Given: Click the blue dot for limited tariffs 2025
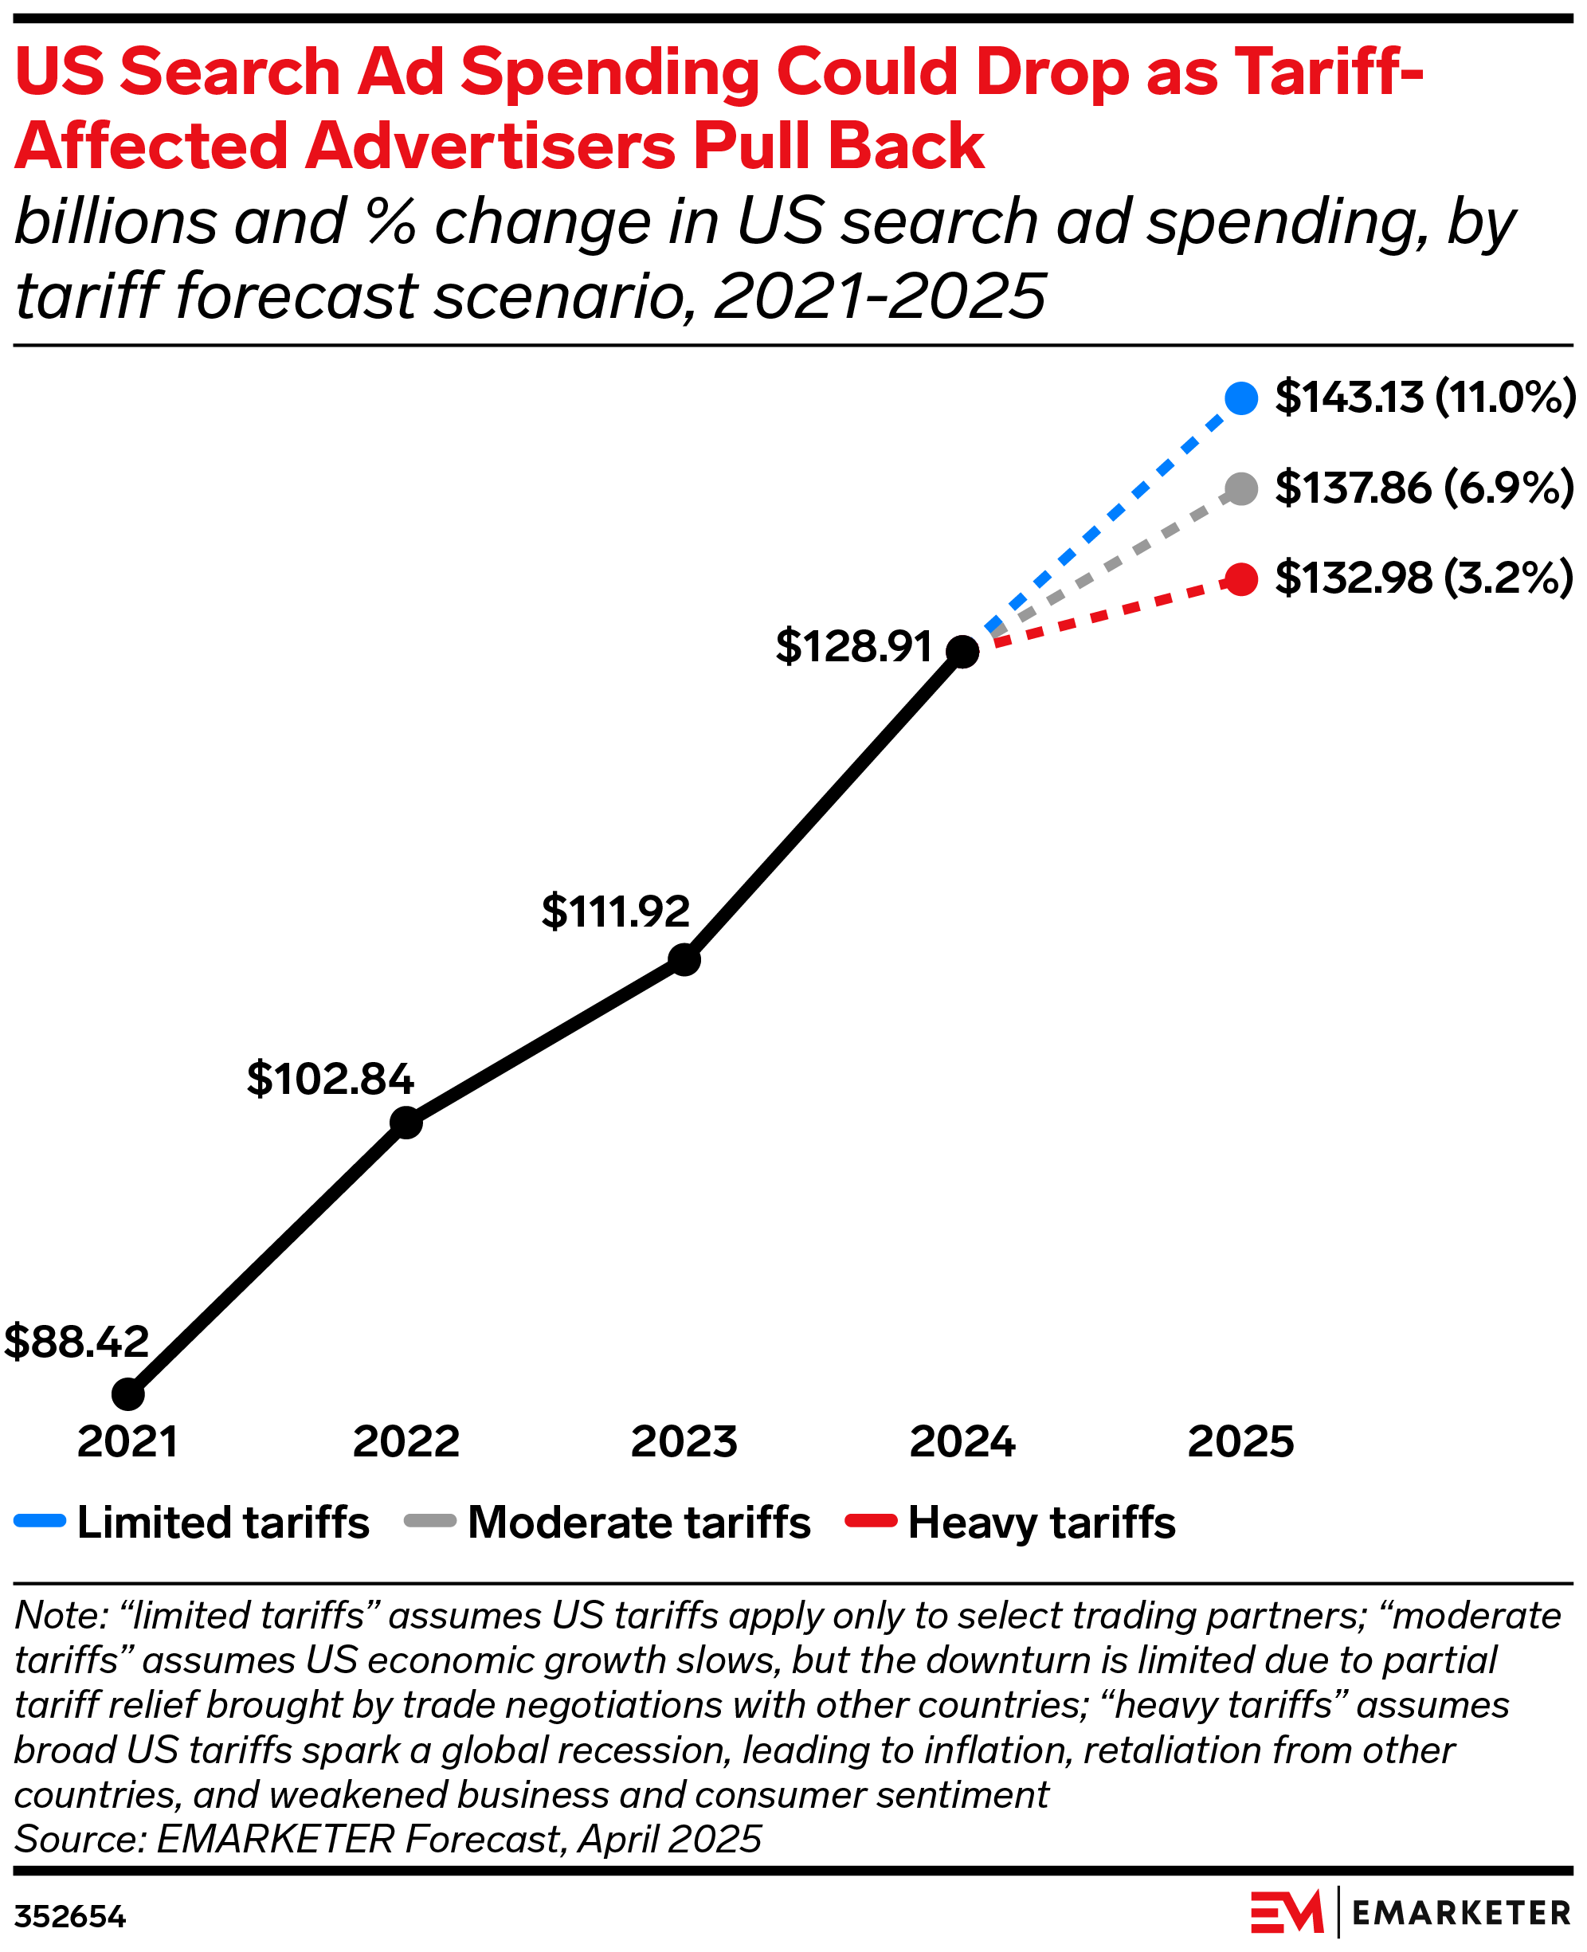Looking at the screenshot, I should click(x=1240, y=398).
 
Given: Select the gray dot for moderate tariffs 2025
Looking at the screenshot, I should click(x=1240, y=488).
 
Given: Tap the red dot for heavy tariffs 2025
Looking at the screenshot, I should click(x=1240, y=578).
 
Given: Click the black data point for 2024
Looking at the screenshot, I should click(x=962, y=651).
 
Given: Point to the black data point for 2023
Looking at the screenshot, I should click(x=684, y=959).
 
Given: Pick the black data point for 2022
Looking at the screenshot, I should click(x=406, y=1122).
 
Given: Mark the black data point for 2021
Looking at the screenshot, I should click(x=128, y=1394).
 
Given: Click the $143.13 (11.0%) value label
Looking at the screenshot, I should click(x=1424, y=397).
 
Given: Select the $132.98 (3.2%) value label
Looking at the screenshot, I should click(x=1424, y=578).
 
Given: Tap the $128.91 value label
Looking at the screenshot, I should click(x=853, y=646).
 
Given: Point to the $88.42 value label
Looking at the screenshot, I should click(x=76, y=1341).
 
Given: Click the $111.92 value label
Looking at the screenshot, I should click(x=615, y=911).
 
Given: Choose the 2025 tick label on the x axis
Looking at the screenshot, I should click(x=1240, y=1442).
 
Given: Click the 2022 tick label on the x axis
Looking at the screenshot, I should click(x=406, y=1442).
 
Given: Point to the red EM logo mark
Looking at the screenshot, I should click(x=1286, y=1913).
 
